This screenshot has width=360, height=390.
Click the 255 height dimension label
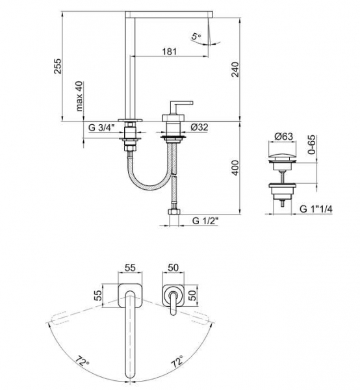58,66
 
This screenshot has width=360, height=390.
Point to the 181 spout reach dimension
170,52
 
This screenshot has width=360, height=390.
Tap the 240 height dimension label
235,70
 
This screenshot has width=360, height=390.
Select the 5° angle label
196,37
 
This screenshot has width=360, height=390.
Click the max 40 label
79,96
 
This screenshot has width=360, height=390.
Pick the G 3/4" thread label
101,127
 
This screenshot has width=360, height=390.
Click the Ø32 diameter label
199,127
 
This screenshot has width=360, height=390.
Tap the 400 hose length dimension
235,168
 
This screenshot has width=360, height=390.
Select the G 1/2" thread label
205,220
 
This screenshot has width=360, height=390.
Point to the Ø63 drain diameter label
284,136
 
